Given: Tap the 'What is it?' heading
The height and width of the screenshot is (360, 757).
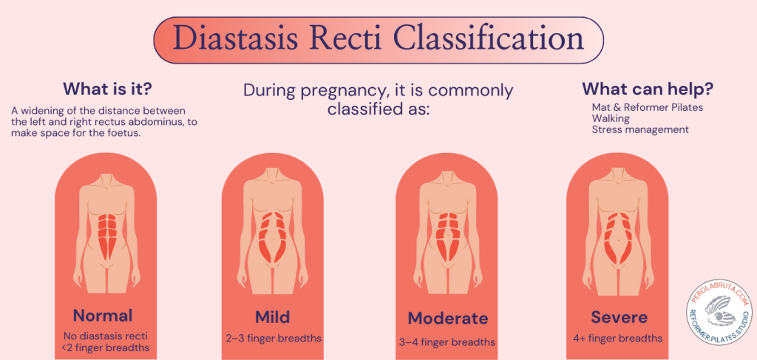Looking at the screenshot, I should point(107,89).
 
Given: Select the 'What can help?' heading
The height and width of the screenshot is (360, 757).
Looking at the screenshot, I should point(648,89).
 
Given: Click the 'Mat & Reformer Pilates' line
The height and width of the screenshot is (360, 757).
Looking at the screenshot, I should point(646,107).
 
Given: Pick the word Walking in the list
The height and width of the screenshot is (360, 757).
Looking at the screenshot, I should point(611,118).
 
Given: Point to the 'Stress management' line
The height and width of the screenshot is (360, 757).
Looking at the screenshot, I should point(640,129).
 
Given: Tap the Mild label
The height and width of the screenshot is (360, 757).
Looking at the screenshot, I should point(273,317).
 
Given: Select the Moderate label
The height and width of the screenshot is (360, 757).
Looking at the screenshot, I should point(448,319).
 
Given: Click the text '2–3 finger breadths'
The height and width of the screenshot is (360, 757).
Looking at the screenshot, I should point(274,339).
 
